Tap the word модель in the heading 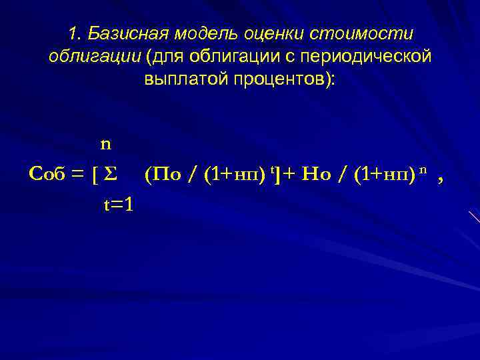click(196, 33)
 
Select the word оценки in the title click(259, 33)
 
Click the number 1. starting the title click(75, 33)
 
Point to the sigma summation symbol click(111, 175)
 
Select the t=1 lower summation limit click(118, 205)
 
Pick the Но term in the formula click(315, 175)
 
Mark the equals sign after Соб click(77, 175)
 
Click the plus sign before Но click(291, 175)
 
